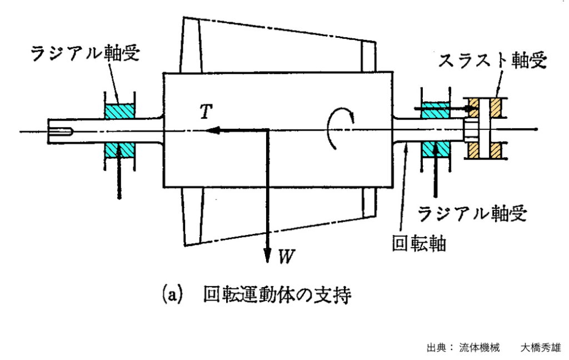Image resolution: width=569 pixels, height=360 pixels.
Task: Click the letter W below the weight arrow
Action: [x=285, y=257]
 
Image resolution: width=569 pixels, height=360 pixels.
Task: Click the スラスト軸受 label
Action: [x=491, y=61]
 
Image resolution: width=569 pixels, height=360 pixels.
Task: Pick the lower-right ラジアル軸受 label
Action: [x=471, y=212]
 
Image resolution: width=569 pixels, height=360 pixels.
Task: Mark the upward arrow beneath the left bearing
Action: [x=119, y=178]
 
